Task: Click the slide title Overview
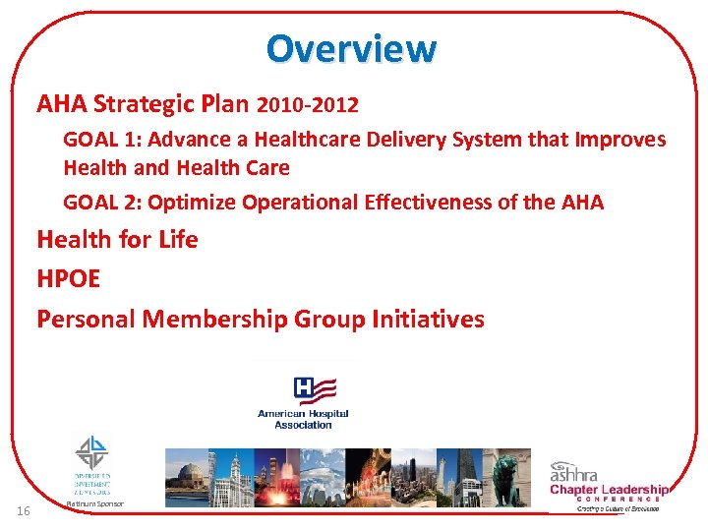351,47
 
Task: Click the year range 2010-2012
307,103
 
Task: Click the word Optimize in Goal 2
191,203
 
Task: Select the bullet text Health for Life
117,240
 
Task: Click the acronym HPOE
68,279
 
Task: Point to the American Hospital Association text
303,419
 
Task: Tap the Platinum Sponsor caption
94,503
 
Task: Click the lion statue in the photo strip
508,475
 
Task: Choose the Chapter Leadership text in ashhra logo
608,490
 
